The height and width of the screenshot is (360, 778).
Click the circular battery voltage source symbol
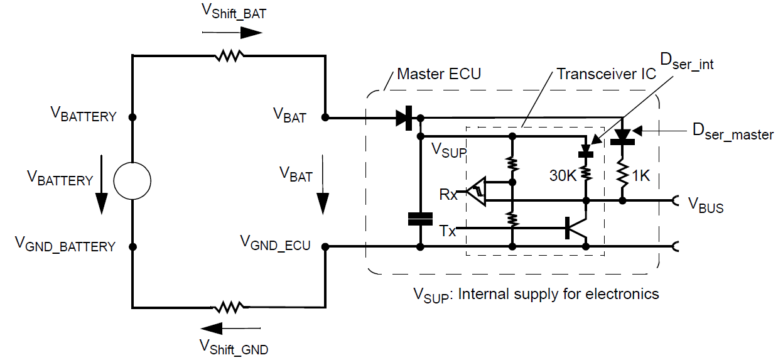pyautogui.click(x=132, y=180)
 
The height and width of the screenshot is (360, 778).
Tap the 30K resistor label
pyautogui.click(x=563, y=177)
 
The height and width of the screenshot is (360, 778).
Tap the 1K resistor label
pyautogui.click(x=640, y=177)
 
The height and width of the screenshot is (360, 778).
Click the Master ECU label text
pyautogui.click(x=439, y=74)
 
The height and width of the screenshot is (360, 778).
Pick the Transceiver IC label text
pyautogui.click(x=606, y=74)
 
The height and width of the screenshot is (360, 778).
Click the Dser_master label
pyautogui.click(x=732, y=132)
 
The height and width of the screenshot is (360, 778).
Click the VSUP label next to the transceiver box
pyautogui.click(x=449, y=151)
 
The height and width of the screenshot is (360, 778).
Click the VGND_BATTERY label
pyautogui.click(x=65, y=245)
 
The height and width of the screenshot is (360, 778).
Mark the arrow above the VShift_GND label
pyautogui.click(x=230, y=327)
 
